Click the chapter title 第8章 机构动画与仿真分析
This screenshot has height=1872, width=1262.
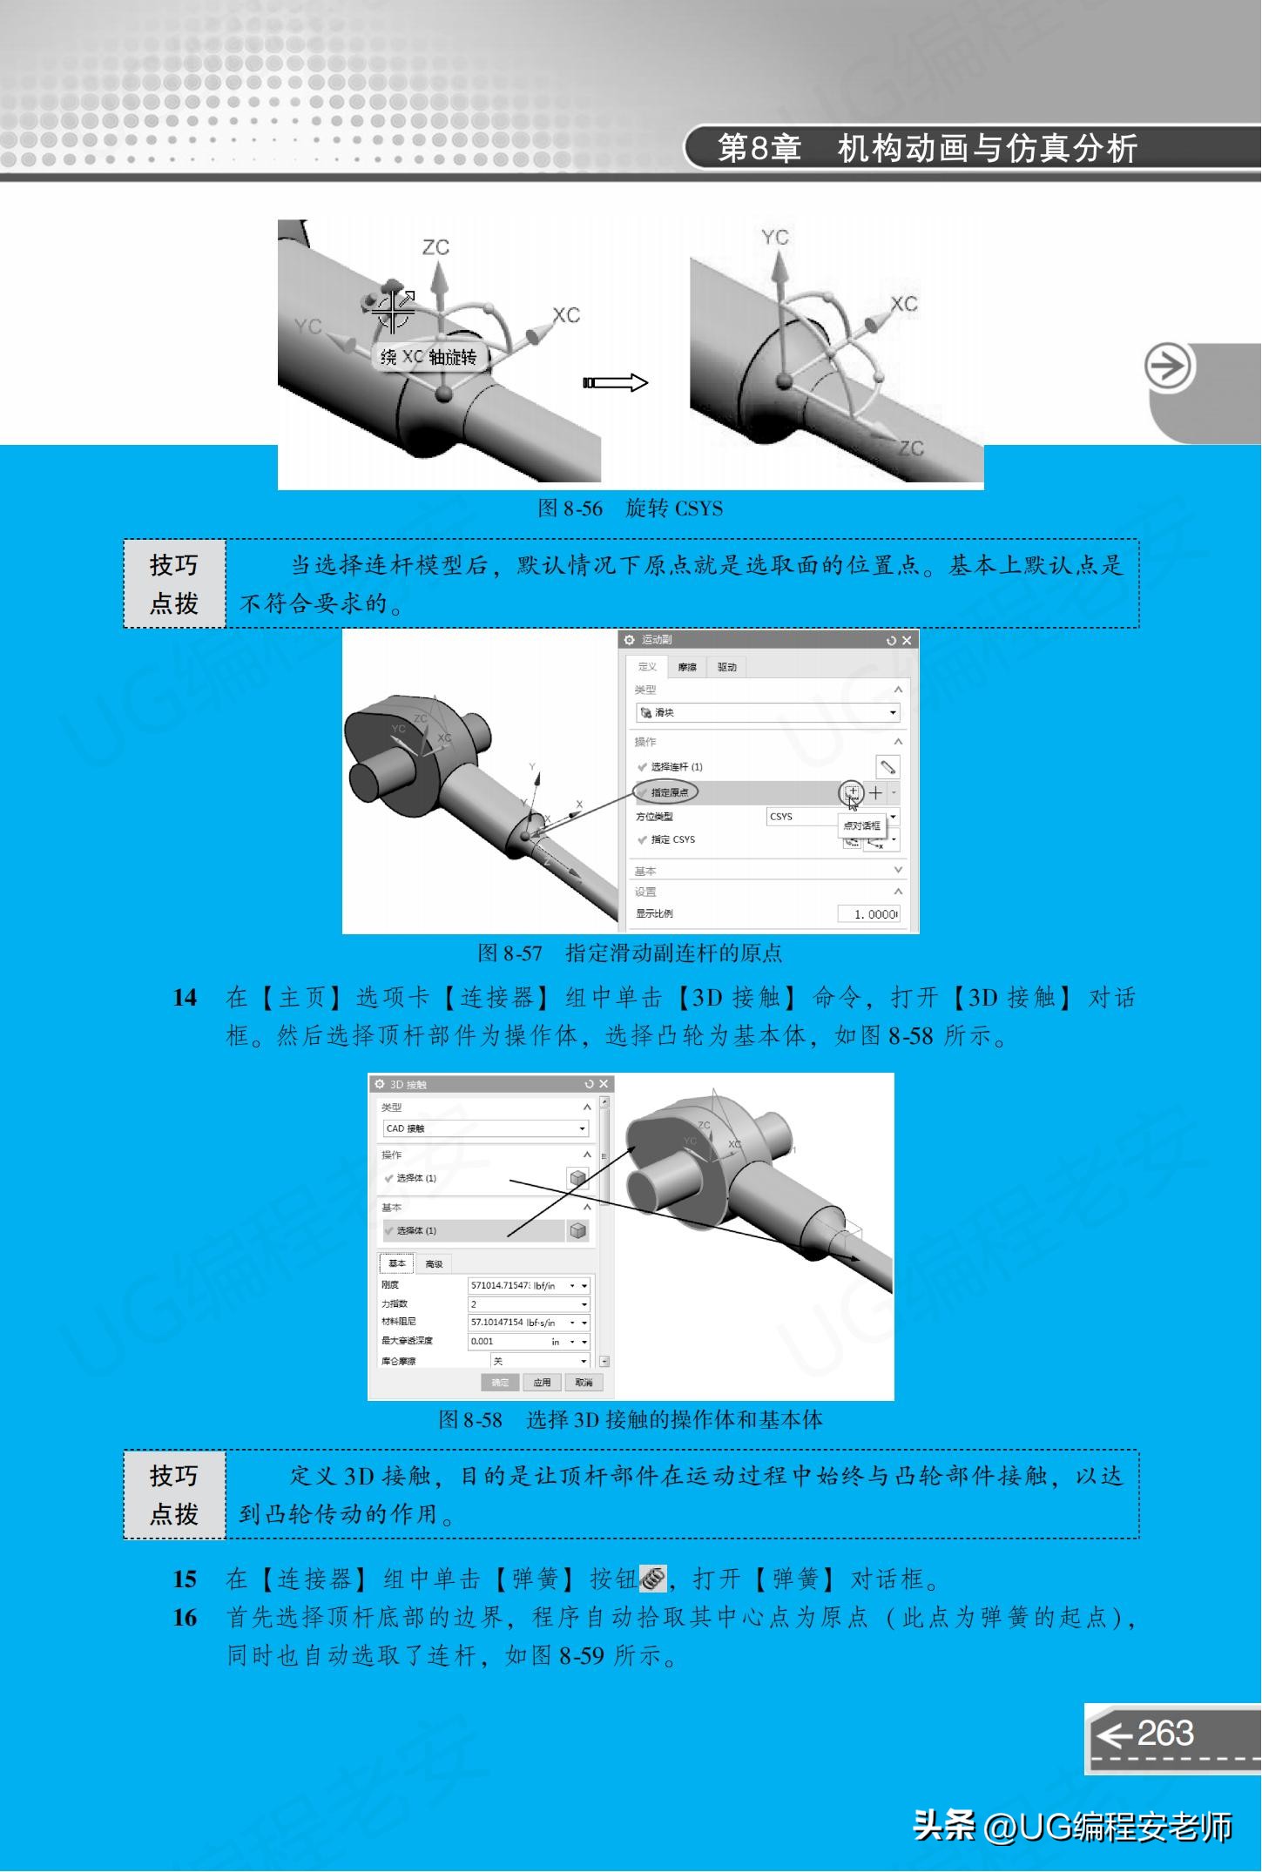(927, 149)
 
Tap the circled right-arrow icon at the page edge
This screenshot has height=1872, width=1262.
(1167, 367)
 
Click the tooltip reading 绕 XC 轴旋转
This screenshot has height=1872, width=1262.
(429, 357)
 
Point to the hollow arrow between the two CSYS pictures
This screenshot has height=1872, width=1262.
(616, 383)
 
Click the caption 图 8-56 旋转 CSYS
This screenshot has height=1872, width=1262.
(630, 508)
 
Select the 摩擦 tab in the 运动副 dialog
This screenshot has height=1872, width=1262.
(687, 667)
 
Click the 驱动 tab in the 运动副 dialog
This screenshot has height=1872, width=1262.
(726, 667)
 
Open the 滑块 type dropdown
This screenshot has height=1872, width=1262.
(767, 712)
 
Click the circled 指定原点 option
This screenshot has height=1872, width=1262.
(666, 792)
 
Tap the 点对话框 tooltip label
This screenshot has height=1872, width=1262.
(860, 825)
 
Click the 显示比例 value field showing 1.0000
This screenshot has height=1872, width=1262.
(869, 913)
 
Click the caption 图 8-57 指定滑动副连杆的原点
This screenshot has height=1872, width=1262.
(630, 953)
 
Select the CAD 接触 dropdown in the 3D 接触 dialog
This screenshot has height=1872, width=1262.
(485, 1128)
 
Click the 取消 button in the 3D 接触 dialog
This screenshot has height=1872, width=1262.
(583, 1383)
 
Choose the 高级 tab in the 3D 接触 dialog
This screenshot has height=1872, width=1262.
(434, 1264)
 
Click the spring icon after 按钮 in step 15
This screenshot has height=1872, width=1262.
(653, 1578)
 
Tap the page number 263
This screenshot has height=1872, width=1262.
(1165, 1734)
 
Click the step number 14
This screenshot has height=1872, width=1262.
(185, 998)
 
